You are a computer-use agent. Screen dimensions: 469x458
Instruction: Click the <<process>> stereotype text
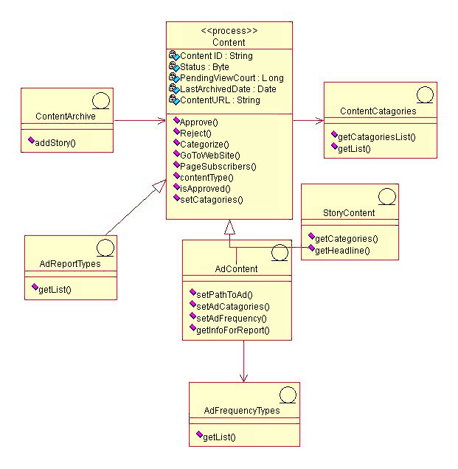pos(229,31)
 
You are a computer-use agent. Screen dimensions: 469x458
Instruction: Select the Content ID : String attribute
pos(215,55)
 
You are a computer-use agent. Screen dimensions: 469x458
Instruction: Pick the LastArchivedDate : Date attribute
pos(223,88)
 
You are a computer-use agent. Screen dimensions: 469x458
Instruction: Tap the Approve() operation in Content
pos(195,122)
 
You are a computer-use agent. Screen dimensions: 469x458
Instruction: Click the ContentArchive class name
pos(66,116)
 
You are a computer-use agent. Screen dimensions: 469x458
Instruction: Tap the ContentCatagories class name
pos(378,111)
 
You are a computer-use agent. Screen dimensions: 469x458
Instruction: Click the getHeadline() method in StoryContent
pos(341,250)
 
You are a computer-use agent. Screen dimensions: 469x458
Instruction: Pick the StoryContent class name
pos(349,213)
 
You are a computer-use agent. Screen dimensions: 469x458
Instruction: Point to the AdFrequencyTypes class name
pos(242,410)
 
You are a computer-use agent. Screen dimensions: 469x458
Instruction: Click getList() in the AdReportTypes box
pos(54,289)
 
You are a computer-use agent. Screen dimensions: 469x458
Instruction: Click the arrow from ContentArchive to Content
pos(139,119)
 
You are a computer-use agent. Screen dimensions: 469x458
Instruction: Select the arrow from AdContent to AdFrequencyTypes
pos(244,361)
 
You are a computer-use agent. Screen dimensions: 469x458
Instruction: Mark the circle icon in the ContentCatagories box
pos(424,95)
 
